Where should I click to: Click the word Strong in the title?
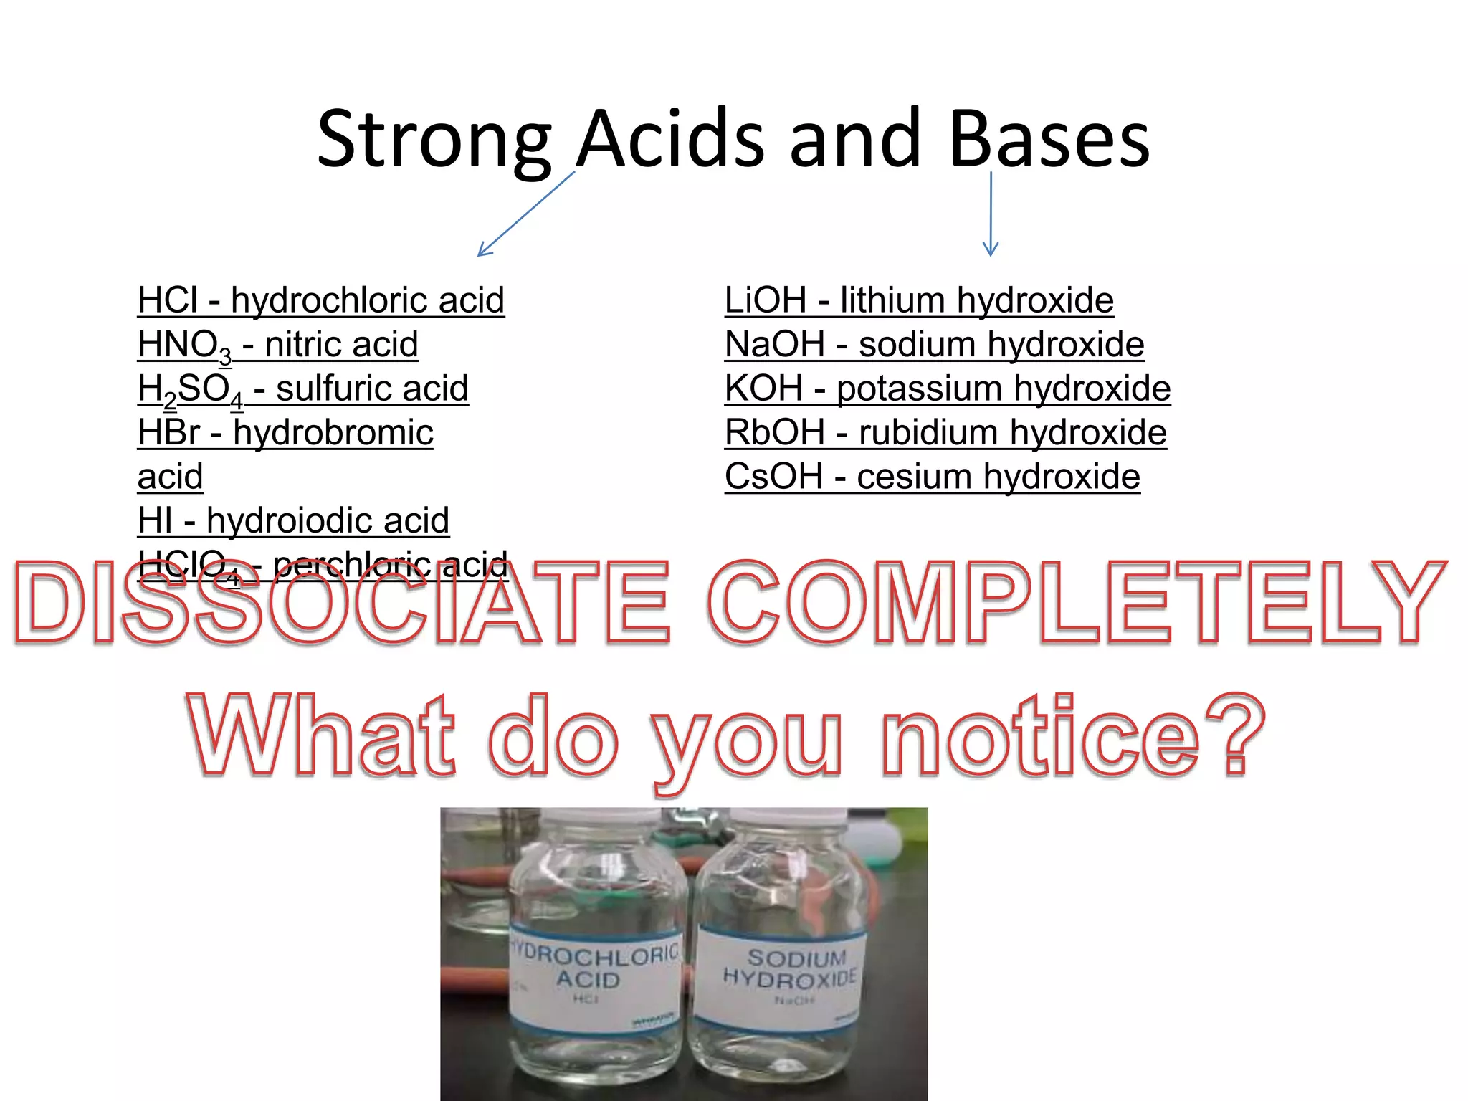tap(434, 140)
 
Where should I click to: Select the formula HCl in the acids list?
tap(168, 300)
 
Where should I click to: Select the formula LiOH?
tap(766, 300)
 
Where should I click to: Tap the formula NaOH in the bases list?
tap(775, 344)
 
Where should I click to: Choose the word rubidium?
tap(915, 433)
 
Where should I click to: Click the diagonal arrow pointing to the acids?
tap(526, 214)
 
